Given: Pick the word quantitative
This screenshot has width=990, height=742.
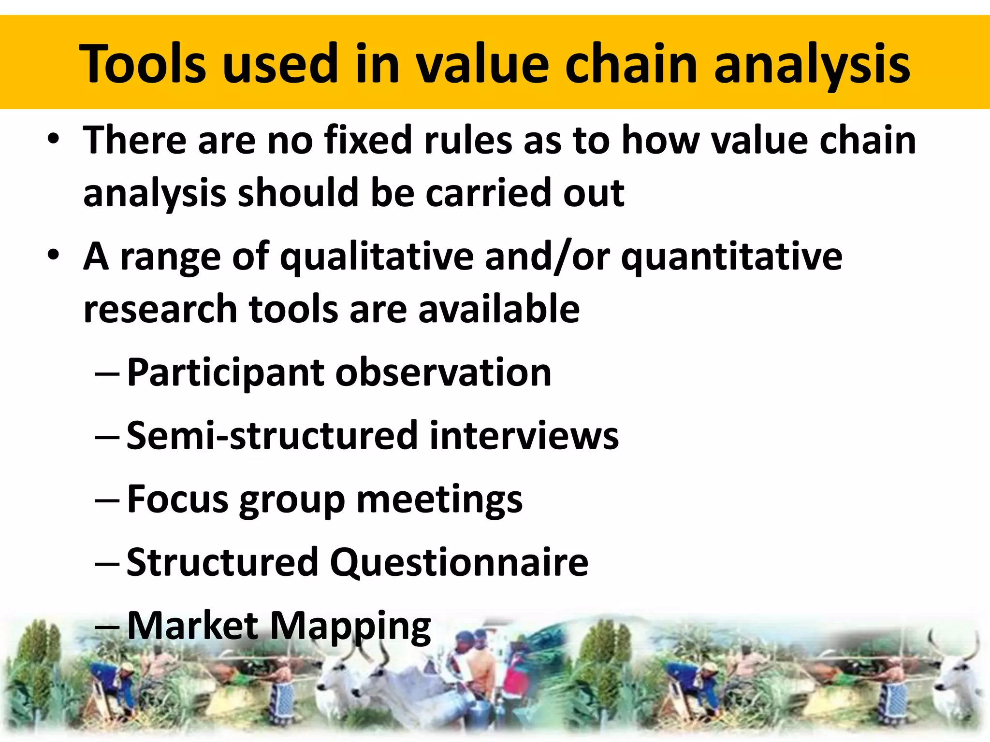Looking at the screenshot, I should pyautogui.click(x=731, y=257).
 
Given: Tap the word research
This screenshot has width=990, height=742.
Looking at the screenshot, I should pyautogui.click(x=160, y=309).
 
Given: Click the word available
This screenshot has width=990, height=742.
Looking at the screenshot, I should pyautogui.click(x=499, y=309).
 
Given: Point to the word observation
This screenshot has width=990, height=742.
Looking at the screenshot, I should pyautogui.click(x=443, y=373).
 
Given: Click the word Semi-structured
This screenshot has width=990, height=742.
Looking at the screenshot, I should pyautogui.click(x=272, y=436).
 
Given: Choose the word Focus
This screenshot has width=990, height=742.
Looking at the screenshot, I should pyautogui.click(x=177, y=499).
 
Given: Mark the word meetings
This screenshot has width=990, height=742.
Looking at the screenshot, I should pyautogui.click(x=439, y=499).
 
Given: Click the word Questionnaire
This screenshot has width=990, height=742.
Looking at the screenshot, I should pyautogui.click(x=459, y=562).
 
